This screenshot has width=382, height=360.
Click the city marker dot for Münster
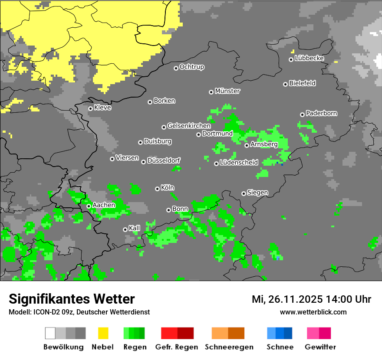coord(211,92)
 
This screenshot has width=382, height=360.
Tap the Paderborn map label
coord(321,113)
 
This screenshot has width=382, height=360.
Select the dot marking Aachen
coord(89,206)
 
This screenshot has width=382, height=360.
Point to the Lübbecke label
coord(309,58)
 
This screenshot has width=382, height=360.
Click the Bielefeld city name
coord(302,83)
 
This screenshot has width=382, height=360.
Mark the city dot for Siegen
coord(244,193)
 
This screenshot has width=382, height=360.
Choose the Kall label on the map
coord(135,228)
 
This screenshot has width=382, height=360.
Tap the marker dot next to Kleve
coord(91,108)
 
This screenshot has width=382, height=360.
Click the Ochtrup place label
coord(191,67)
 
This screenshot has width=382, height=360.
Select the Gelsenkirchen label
coord(189,126)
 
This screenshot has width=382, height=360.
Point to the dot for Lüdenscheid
coord(216,164)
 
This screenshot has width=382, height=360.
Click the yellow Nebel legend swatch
coord(103,333)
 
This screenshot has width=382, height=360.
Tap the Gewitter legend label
coord(320,347)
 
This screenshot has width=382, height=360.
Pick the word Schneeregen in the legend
coord(229,347)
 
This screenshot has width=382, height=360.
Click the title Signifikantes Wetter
coord(72,299)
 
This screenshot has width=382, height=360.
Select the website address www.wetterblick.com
coord(313,312)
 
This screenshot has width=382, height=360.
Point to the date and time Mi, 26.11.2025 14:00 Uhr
coord(311,299)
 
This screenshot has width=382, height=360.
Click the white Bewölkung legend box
coord(50,333)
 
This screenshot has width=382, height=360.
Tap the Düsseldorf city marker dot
coord(144,162)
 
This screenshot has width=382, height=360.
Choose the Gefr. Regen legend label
coord(177,347)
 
